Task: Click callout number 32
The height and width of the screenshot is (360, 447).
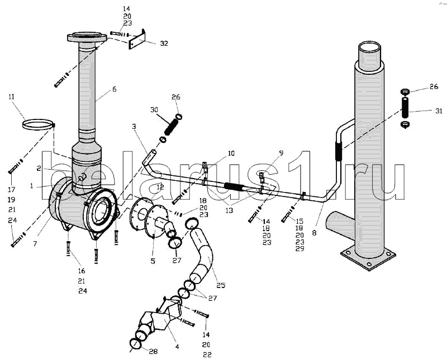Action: pos(164,44)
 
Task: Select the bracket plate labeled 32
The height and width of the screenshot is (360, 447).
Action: pos(137,39)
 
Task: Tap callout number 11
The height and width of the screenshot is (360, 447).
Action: pos(11,97)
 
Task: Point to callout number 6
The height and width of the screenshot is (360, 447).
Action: pos(115,89)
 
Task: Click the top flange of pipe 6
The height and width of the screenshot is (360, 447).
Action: pos(87,37)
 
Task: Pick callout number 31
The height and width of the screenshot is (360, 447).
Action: pos(439,111)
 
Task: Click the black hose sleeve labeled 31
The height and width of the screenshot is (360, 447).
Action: pos(405,107)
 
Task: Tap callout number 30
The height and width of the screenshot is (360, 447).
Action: pos(154,110)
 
